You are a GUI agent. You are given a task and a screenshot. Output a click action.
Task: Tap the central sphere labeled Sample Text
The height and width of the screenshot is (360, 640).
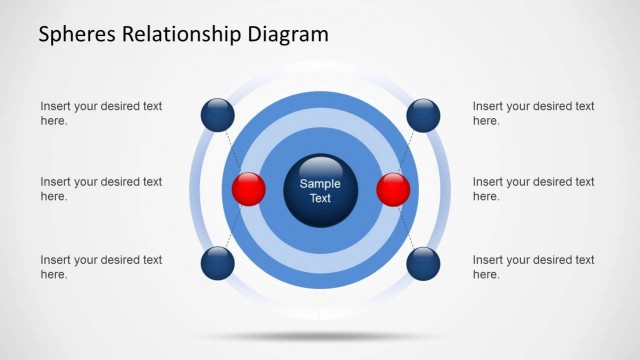click(x=320, y=190)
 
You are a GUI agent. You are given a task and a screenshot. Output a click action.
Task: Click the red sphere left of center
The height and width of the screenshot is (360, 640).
click(x=248, y=189)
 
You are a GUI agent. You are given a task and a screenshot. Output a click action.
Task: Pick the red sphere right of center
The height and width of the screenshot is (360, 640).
click(x=393, y=189)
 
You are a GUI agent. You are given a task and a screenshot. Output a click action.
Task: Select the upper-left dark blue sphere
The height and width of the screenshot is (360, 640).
click(x=217, y=115)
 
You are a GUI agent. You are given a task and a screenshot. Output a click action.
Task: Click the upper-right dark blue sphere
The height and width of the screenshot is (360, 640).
click(x=423, y=115)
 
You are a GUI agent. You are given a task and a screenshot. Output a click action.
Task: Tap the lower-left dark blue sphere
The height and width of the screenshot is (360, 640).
click(x=217, y=264)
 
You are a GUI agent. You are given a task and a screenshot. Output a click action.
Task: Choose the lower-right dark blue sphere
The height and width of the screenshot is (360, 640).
click(x=423, y=264)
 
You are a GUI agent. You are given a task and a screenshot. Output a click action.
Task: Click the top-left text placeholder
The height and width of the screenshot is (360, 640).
click(x=101, y=113)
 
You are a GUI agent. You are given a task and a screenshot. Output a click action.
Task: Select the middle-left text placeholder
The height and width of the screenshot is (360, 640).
click(x=101, y=189)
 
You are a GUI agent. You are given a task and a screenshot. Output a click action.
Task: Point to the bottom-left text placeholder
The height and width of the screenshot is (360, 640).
click(x=101, y=267)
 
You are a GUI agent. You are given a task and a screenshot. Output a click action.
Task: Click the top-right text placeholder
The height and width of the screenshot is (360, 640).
click(x=533, y=113)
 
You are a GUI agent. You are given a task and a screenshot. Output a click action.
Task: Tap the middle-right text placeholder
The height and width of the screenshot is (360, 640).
click(x=533, y=189)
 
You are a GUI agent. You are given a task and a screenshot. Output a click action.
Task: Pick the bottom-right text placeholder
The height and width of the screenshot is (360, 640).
click(x=533, y=267)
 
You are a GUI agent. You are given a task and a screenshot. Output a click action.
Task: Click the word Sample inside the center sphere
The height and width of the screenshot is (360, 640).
click(x=320, y=183)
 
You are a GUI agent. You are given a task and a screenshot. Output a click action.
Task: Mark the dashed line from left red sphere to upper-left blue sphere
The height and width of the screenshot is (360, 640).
click(x=233, y=152)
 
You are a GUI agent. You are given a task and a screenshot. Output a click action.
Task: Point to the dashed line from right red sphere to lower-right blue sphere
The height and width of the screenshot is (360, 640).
click(x=408, y=227)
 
